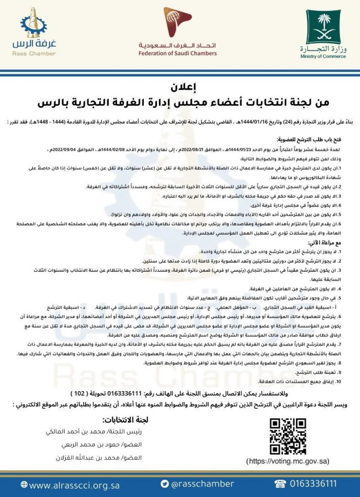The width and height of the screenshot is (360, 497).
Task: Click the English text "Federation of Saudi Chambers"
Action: point(177,53)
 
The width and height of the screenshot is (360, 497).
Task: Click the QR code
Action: point(288,436)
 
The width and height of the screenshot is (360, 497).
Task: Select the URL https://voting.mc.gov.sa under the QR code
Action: point(288,461)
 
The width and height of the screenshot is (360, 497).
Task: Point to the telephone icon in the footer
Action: point(280,484)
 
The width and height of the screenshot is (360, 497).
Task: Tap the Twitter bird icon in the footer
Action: point(165,484)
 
